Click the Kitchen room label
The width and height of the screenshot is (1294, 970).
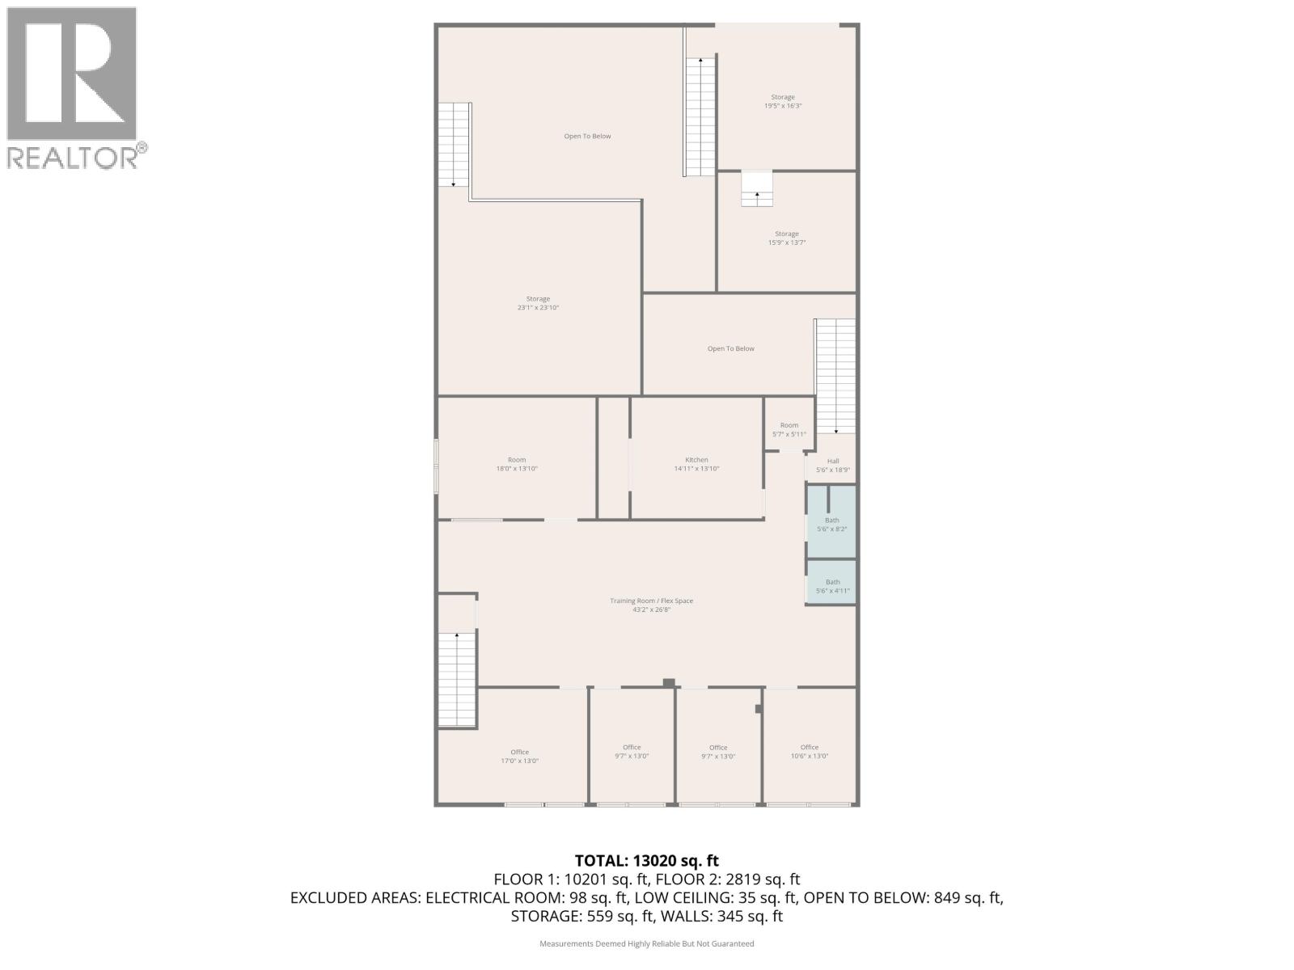[x=696, y=464]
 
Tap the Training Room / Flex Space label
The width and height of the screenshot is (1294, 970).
[x=651, y=605]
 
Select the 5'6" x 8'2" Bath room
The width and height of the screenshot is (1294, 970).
[x=831, y=524]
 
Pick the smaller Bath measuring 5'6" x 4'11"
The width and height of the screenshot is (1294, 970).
[x=832, y=586]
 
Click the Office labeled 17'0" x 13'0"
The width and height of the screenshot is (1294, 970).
[x=519, y=756]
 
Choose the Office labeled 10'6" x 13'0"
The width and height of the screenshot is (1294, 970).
[x=809, y=751]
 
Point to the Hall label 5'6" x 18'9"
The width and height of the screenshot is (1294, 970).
[x=833, y=465]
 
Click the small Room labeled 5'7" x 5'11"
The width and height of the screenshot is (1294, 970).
[x=789, y=429]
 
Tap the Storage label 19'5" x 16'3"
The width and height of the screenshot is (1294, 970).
[x=782, y=101]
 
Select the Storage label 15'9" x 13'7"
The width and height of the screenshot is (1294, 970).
[x=786, y=238]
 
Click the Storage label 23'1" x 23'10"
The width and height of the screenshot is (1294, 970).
[x=538, y=303]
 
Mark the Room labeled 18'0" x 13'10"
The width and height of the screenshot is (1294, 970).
[x=517, y=464]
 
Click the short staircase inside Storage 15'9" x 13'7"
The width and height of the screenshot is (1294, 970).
[x=757, y=188]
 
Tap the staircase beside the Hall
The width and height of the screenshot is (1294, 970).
[x=835, y=376]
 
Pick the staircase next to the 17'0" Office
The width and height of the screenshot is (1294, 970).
[x=457, y=679]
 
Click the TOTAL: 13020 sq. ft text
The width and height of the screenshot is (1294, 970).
[x=646, y=861]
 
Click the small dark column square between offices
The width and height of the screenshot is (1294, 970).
[x=669, y=683]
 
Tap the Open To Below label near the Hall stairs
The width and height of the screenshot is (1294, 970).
[x=730, y=348]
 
